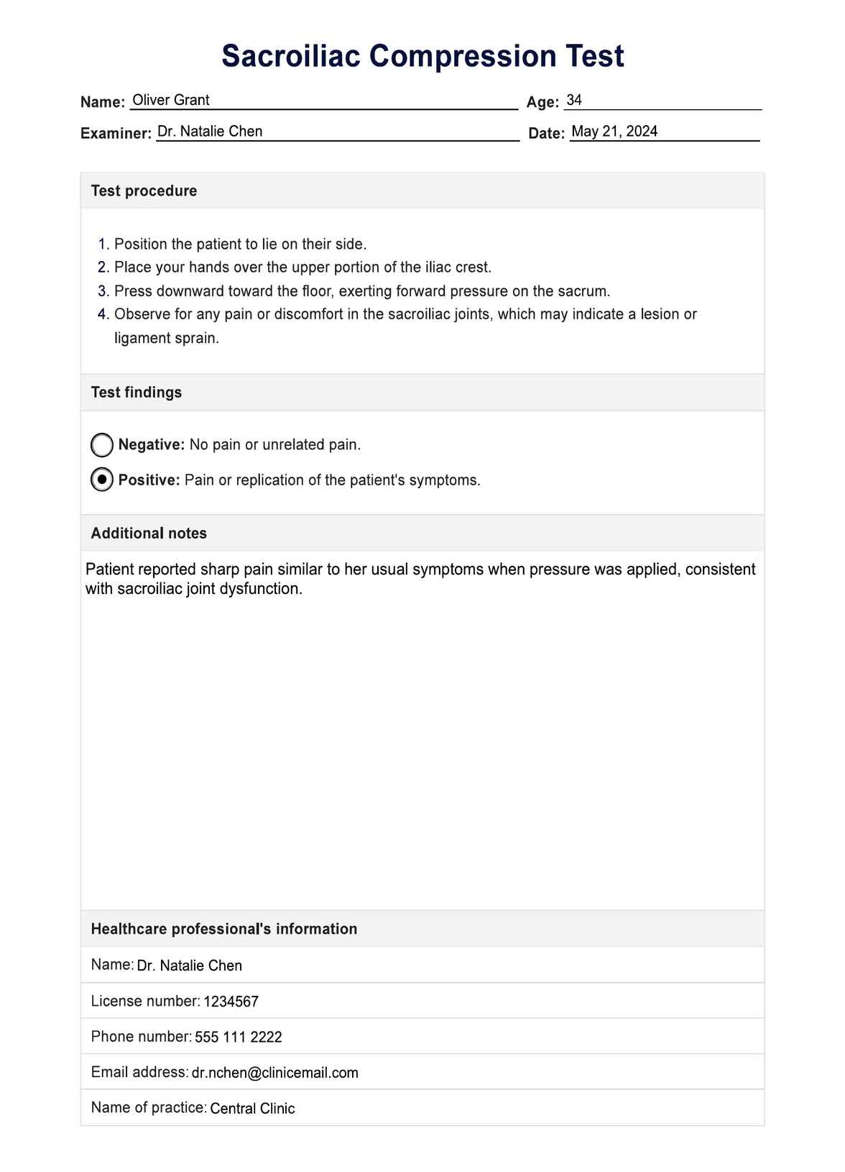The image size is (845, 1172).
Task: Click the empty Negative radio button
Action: [x=102, y=445]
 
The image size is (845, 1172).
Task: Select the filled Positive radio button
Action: [x=102, y=480]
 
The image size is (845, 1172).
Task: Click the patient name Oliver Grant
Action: [x=171, y=100]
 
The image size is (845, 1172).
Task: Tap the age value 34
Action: [x=574, y=100]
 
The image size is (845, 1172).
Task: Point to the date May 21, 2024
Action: [x=614, y=132]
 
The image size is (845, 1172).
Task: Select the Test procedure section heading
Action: [x=144, y=191]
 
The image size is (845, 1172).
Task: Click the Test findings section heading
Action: [x=137, y=393]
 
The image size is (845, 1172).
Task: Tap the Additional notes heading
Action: [x=149, y=534]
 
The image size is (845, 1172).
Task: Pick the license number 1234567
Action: [x=231, y=1002]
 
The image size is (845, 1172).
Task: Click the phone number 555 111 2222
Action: [x=238, y=1037]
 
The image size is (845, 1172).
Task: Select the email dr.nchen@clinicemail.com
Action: [x=274, y=1073]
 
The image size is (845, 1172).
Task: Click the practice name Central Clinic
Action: [x=252, y=1109]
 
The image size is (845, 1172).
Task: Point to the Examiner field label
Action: [x=116, y=133]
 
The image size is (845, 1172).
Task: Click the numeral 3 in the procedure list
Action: [x=102, y=291]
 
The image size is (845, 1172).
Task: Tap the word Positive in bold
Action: [x=149, y=480]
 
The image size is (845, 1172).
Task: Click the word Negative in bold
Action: [x=151, y=445]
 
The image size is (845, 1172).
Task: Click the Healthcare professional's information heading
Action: [x=223, y=929]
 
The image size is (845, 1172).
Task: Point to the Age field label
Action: [x=542, y=103]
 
